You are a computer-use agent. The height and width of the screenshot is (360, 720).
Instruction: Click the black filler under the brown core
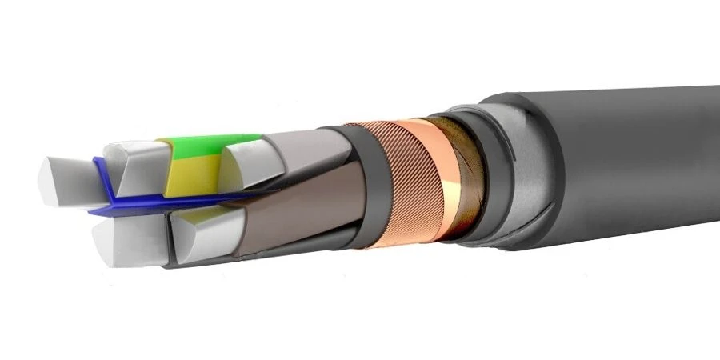point(264,252)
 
